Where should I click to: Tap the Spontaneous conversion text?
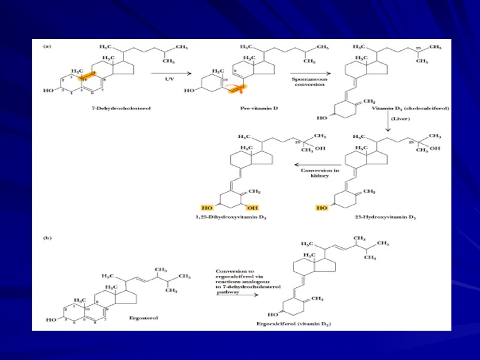click(x=308, y=81)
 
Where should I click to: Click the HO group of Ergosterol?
click(x=51, y=320)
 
